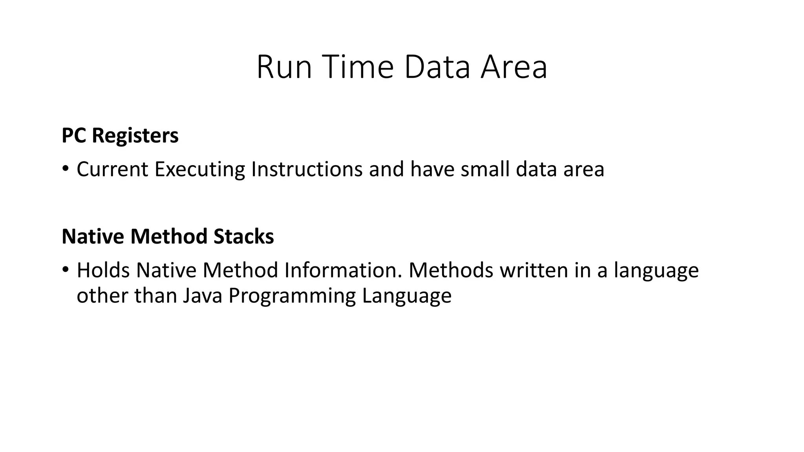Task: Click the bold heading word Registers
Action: pos(135,136)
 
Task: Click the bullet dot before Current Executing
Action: pos(65,169)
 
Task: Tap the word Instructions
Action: pos(307,169)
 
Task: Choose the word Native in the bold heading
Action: pos(93,237)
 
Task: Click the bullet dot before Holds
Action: pos(65,270)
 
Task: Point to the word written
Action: pos(534,270)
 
